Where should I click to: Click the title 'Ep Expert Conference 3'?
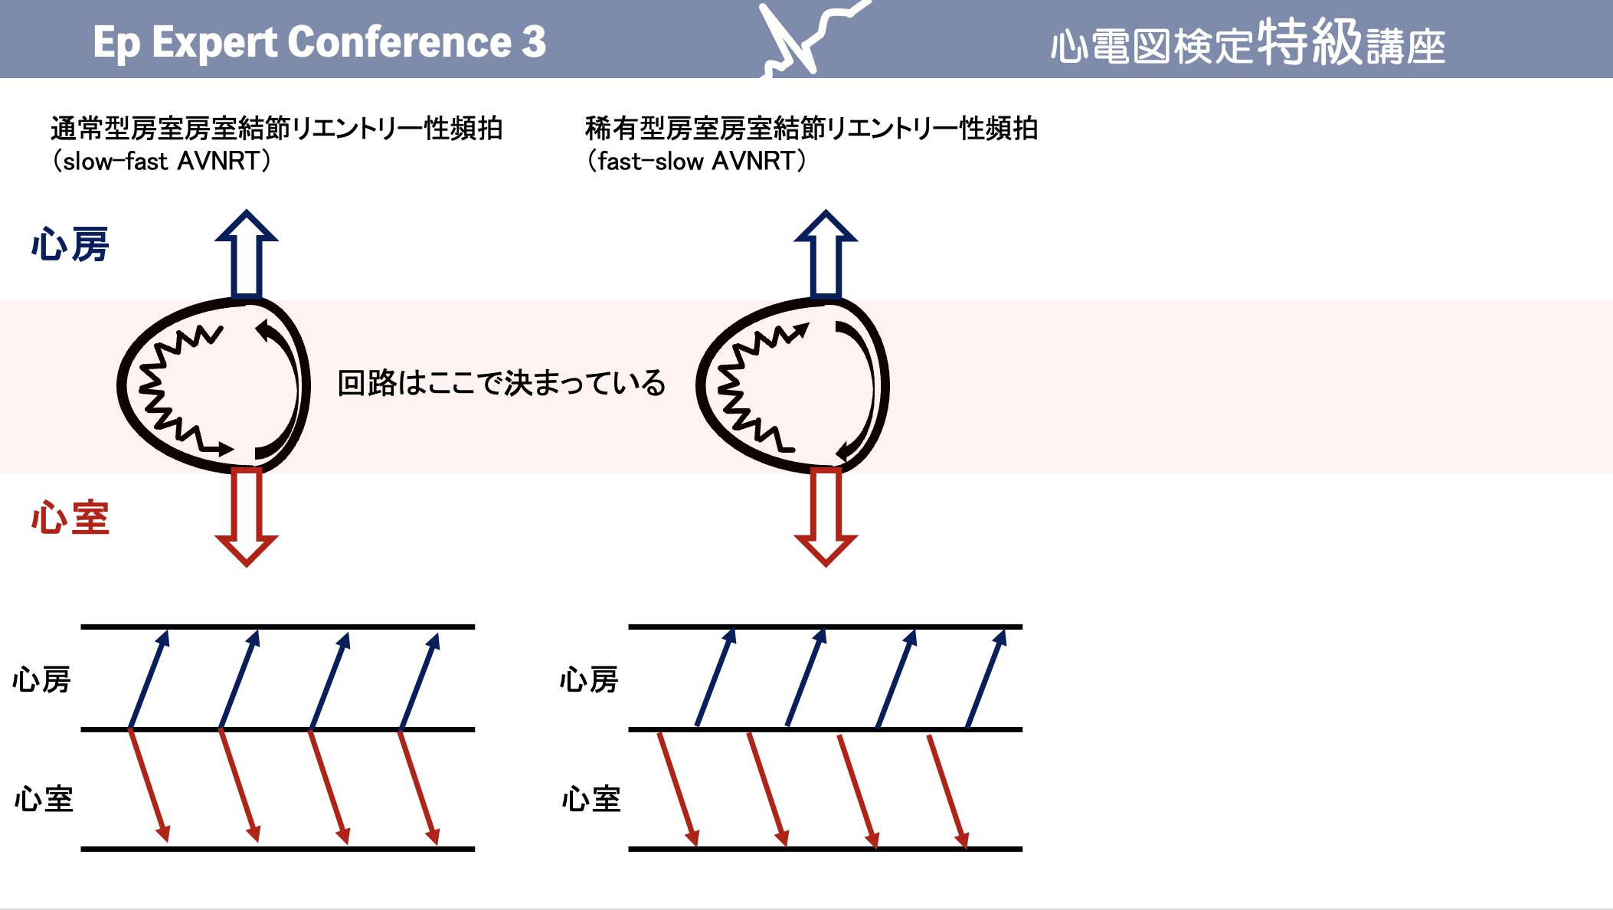click(319, 42)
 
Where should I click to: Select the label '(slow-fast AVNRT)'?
click(162, 162)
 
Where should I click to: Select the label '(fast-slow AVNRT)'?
click(696, 162)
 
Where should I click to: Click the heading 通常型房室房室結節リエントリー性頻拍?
click(276, 129)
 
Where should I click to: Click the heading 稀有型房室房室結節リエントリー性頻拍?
click(811, 129)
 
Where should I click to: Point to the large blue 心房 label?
click(70, 245)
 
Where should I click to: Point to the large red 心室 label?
click(70, 518)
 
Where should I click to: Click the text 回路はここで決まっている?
click(502, 383)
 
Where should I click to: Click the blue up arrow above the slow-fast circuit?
click(247, 253)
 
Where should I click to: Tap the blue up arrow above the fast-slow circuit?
click(826, 253)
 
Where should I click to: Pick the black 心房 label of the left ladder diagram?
click(41, 680)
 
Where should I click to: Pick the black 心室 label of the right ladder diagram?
click(591, 800)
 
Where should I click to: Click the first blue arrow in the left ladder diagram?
click(149, 679)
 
